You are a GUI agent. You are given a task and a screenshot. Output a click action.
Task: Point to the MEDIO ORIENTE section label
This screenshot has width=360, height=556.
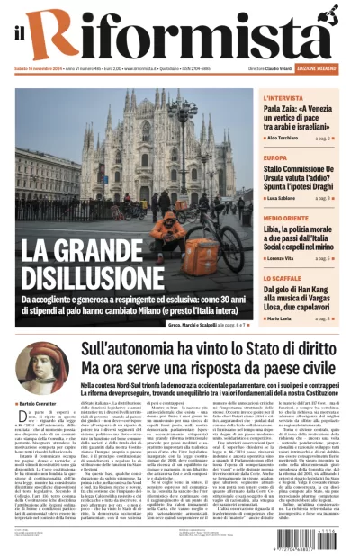coord(287,219)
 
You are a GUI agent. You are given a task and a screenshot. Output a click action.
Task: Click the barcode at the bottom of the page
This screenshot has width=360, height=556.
coord(319,540)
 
